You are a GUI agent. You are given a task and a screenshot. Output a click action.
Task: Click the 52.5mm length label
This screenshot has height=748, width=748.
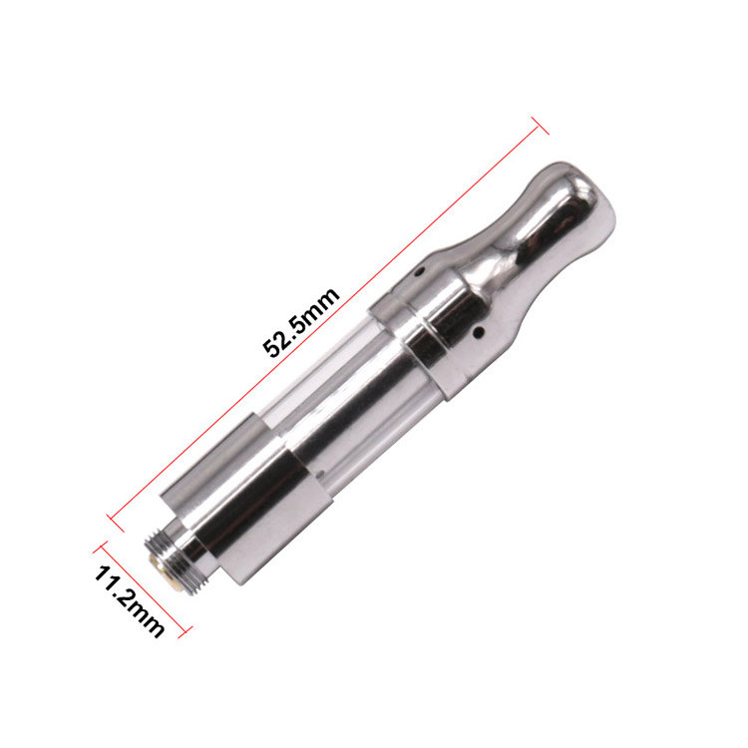click(301, 322)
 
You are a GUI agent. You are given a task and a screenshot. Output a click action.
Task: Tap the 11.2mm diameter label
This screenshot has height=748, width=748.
click(129, 601)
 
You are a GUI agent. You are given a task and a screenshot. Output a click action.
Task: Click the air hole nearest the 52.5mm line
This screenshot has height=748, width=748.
click(419, 272)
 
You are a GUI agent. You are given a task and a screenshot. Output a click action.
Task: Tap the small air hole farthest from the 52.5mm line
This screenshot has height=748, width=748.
click(479, 331)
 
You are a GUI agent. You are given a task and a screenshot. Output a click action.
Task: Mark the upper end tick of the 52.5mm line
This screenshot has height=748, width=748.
click(540, 125)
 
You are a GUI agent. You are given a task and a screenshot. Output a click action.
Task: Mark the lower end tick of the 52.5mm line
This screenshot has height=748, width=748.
click(116, 524)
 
